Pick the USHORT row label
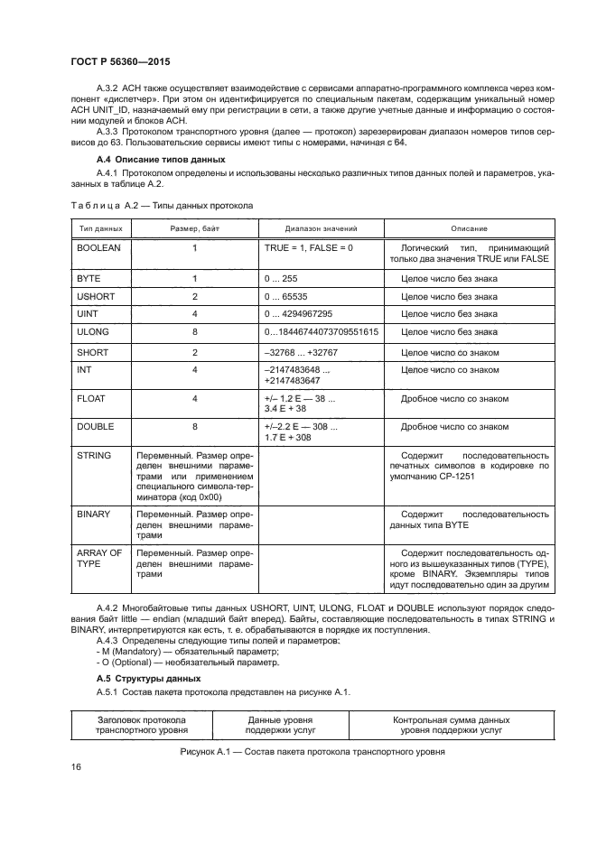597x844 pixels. coord(95,296)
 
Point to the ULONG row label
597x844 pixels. coord(93,332)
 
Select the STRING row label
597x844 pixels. coord(94,456)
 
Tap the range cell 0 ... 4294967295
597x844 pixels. coord(299,314)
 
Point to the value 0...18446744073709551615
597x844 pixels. coord(321,332)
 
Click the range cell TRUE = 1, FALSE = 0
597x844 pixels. coord(309,246)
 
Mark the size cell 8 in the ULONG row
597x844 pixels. coord(194,332)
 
